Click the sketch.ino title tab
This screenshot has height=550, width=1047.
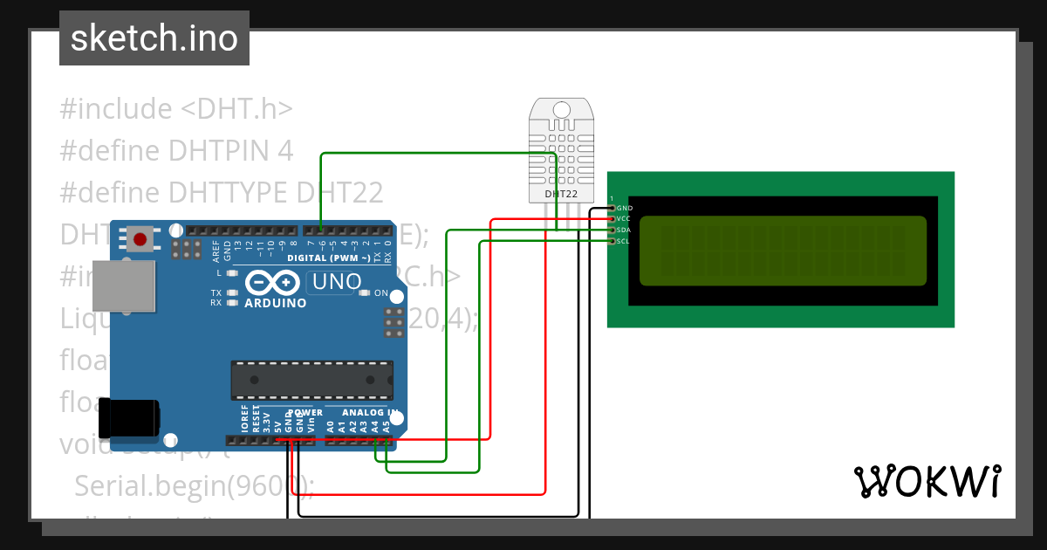154,38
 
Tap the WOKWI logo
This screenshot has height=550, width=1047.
927,481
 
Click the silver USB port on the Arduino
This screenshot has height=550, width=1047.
123,285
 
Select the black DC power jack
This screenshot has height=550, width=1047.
128,417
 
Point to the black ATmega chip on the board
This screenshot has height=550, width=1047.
310,380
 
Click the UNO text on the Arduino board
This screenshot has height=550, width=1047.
337,282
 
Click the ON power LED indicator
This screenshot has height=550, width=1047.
365,293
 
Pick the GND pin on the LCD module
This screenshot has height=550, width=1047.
612,209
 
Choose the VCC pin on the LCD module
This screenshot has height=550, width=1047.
612,219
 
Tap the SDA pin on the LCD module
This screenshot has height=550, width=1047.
612,230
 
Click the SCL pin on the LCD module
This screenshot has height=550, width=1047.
612,241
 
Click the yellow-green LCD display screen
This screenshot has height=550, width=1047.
783,251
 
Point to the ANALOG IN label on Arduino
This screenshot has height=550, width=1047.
370,412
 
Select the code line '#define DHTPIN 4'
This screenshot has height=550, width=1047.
175,150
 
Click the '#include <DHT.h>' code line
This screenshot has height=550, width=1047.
175,109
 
